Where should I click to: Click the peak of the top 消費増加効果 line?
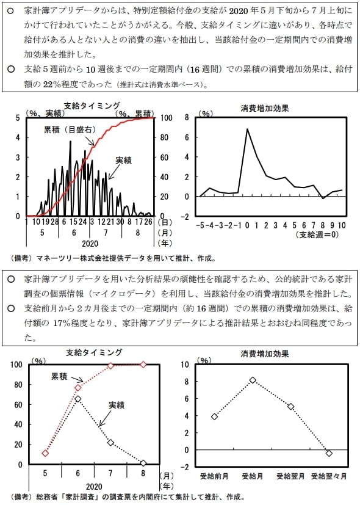[x=248, y=129]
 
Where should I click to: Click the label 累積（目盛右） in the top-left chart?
[x=67, y=129]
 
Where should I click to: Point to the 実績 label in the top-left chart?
[x=124, y=160]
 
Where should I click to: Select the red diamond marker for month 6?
[x=78, y=388]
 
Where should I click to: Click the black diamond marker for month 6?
[x=78, y=399]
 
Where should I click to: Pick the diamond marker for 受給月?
[x=253, y=380]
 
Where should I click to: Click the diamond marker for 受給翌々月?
[x=329, y=453]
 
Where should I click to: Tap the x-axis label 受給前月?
[x=214, y=475]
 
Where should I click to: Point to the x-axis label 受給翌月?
[x=290, y=475]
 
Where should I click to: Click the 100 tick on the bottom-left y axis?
[x=17, y=365]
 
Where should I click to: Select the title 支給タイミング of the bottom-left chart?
[x=94, y=353]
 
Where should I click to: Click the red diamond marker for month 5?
[x=45, y=453]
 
